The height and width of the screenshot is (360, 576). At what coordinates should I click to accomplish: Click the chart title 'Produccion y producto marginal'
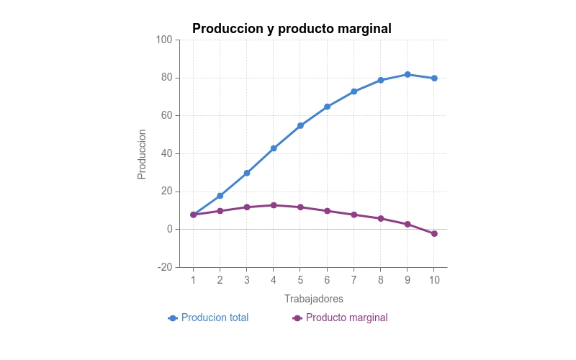point(292,29)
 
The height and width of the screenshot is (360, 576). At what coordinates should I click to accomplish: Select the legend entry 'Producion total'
point(215,318)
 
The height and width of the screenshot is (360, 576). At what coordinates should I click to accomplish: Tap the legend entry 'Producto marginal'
point(346,318)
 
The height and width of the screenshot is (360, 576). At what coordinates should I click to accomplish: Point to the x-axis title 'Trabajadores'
point(313,298)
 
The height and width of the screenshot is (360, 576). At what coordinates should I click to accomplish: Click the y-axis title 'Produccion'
point(142,154)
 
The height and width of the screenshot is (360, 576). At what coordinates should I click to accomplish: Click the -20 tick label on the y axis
point(164,267)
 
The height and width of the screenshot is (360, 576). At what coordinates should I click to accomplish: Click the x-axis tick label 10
point(434,279)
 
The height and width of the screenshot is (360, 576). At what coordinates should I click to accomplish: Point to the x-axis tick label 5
point(300,279)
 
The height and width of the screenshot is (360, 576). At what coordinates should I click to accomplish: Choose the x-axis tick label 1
point(193,279)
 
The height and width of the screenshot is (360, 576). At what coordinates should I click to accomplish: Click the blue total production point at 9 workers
point(408,74)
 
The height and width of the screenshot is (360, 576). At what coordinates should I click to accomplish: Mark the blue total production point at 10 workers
point(434,78)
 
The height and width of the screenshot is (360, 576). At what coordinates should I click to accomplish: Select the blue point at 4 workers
point(274,148)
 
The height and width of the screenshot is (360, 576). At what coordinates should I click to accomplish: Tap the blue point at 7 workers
point(354,91)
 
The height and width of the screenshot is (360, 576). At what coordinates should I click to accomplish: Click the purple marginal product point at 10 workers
point(434,233)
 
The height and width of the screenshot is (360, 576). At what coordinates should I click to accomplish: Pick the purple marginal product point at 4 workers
point(274,205)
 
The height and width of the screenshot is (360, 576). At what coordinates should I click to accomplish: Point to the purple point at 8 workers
point(381,218)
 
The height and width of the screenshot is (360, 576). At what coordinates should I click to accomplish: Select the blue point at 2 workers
point(220,196)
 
